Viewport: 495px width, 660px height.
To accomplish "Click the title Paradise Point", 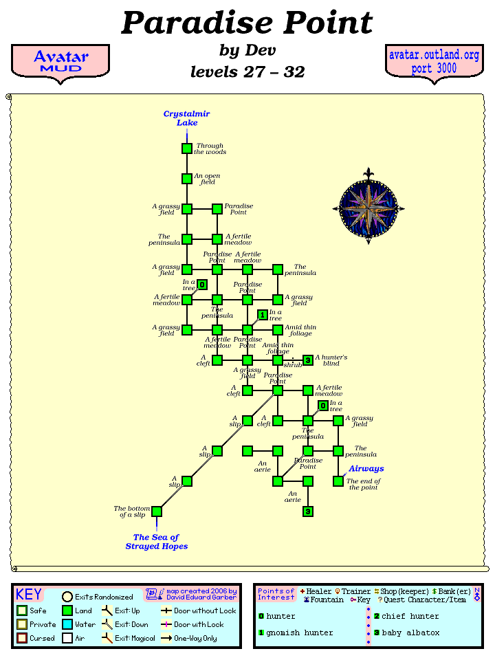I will [247, 23].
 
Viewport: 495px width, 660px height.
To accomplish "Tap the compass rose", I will [368, 207].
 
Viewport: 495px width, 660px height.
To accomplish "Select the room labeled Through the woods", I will [187, 148].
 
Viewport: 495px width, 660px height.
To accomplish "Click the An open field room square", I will [187, 179].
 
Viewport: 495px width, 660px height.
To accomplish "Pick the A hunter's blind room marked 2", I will [308, 360].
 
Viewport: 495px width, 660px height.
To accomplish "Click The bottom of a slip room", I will [157, 511].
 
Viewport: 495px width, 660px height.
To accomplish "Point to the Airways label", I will [366, 469].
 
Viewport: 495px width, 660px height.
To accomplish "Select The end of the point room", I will [338, 481].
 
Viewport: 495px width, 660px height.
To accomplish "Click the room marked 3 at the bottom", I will [308, 511].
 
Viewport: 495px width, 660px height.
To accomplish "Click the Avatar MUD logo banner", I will [60, 61].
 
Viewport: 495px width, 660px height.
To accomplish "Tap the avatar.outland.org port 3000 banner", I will [434, 62].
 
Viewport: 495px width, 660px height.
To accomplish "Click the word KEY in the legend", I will [29, 595].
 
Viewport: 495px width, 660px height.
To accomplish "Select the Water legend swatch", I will [67, 624].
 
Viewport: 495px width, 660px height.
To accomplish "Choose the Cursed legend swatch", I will [22, 638].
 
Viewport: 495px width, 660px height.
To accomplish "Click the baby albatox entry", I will [410, 632].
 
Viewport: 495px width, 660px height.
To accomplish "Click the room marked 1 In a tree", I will [262, 315].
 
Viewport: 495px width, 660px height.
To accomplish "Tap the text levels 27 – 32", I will [247, 71].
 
